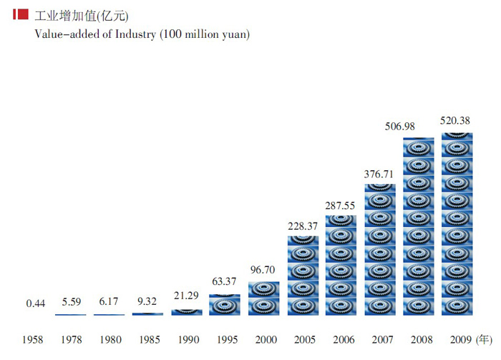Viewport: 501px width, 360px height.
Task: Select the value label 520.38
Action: (x=455, y=120)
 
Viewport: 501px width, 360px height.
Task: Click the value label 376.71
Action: (x=380, y=173)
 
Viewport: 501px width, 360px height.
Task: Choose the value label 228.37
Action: (x=303, y=225)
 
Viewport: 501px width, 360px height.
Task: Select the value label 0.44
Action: (x=36, y=303)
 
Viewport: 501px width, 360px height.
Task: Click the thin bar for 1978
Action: (x=71, y=314)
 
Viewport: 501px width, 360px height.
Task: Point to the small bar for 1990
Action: (x=187, y=312)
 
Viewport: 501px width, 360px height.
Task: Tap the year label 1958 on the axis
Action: (x=34, y=339)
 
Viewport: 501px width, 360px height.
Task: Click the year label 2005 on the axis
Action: (x=303, y=339)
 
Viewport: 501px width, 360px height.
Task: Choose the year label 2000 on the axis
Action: (x=264, y=339)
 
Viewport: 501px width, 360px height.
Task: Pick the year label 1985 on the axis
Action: (x=148, y=339)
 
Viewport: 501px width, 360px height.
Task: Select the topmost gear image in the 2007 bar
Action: (x=380, y=193)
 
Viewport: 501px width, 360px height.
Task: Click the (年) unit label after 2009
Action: (x=485, y=339)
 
